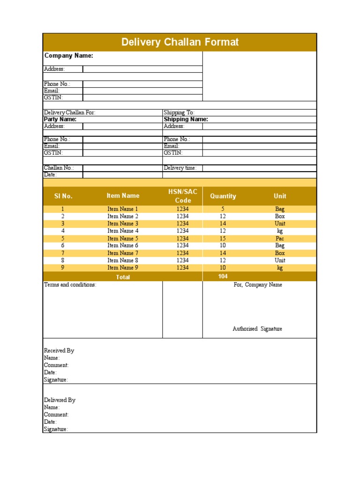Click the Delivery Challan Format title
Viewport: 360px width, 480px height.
[180, 42]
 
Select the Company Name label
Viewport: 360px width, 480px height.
[68, 56]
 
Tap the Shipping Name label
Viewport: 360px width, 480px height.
[186, 119]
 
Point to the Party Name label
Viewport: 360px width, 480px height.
[60, 119]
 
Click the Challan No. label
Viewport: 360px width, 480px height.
[59, 168]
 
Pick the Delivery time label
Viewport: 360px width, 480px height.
[180, 168]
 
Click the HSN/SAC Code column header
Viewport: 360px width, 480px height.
[183, 196]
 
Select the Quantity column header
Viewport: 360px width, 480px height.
[223, 196]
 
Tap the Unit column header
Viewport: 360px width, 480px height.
[280, 196]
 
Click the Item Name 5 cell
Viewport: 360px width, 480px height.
[123, 238]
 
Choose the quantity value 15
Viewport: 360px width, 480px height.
[223, 238]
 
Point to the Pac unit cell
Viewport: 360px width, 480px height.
[280, 238]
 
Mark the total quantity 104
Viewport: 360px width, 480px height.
[223, 277]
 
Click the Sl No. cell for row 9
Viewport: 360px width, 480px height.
[63, 268]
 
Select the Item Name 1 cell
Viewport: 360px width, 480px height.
[123, 209]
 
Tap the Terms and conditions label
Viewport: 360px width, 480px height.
[70, 285]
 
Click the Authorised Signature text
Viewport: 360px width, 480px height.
[257, 329]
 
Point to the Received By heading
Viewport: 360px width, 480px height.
[59, 350]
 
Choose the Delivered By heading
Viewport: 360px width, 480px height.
[60, 400]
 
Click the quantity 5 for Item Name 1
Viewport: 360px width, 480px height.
[223, 209]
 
